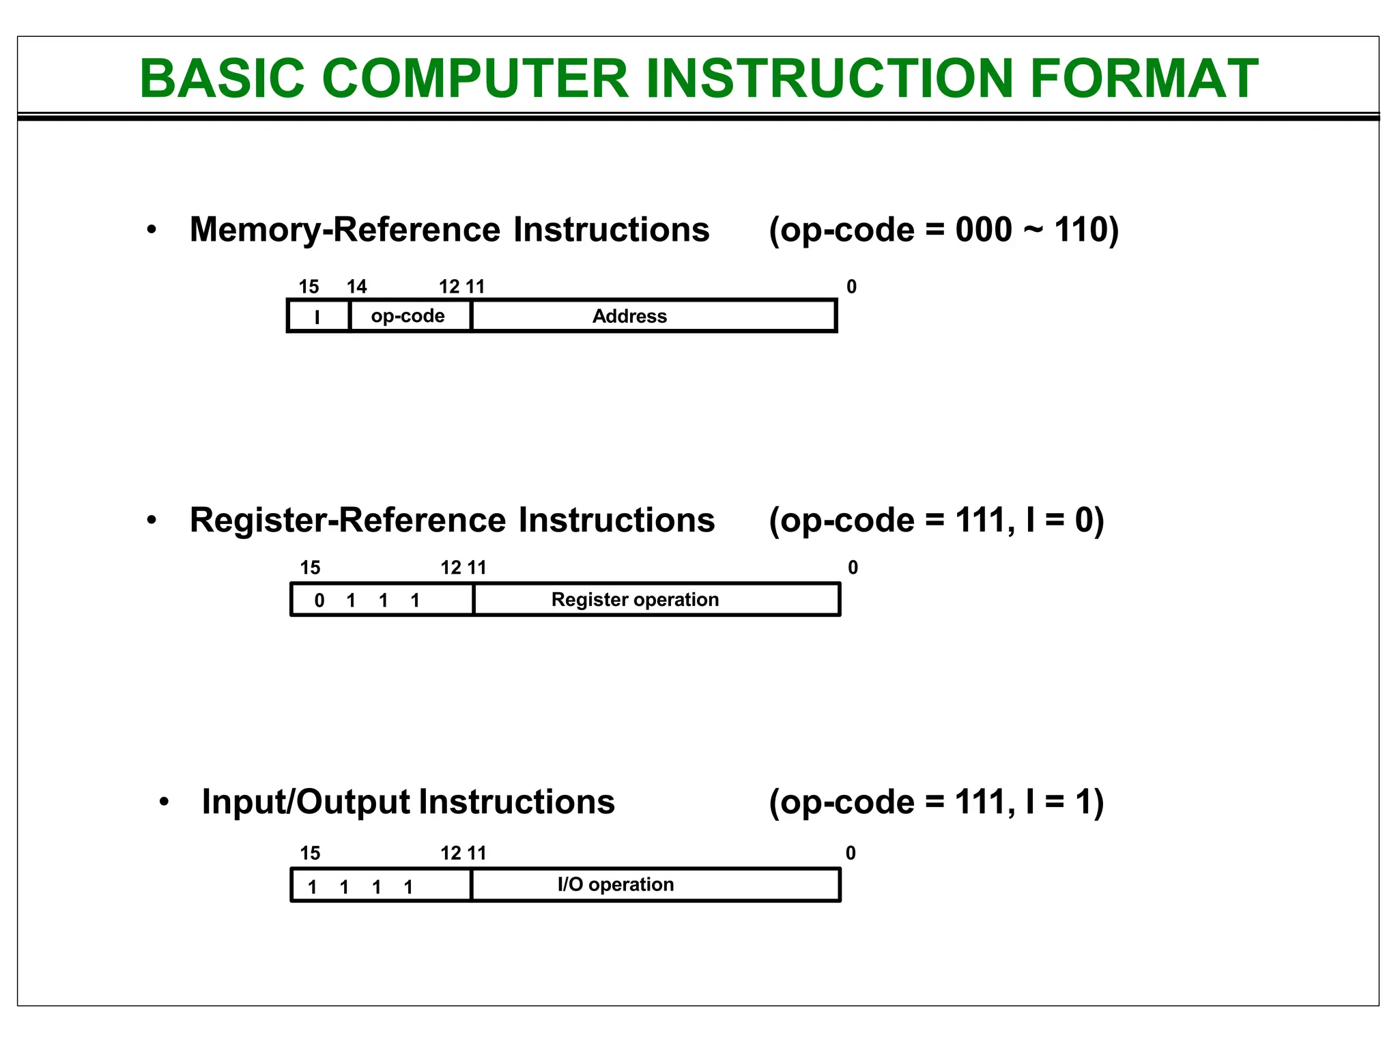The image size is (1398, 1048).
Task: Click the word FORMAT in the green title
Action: click(x=1144, y=78)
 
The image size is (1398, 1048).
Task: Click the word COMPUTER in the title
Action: click(x=474, y=78)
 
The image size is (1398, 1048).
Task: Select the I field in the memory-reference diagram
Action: click(x=317, y=317)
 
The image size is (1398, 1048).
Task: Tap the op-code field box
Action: click(x=408, y=316)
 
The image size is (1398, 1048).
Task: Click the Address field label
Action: click(x=629, y=317)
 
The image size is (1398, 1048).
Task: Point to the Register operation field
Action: click(x=635, y=600)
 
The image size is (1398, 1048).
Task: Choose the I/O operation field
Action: click(x=616, y=885)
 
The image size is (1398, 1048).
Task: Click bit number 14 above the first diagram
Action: click(x=356, y=287)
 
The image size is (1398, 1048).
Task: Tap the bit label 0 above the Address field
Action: click(x=851, y=287)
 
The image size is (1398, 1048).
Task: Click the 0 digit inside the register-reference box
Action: click(x=319, y=601)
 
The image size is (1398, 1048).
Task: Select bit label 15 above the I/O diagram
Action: click(x=310, y=854)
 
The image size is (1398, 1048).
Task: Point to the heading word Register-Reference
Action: click(x=347, y=521)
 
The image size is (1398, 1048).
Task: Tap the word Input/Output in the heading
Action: click(x=306, y=802)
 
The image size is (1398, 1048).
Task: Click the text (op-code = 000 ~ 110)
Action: click(x=943, y=230)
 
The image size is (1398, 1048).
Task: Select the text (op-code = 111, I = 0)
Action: click(x=936, y=521)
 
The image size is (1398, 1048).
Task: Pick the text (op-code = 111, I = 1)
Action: click(x=936, y=802)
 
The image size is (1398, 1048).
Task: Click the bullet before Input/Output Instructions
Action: click(x=164, y=802)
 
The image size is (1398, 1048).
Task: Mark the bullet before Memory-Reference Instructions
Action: click(x=152, y=231)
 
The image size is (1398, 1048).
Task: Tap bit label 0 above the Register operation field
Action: click(x=853, y=568)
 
